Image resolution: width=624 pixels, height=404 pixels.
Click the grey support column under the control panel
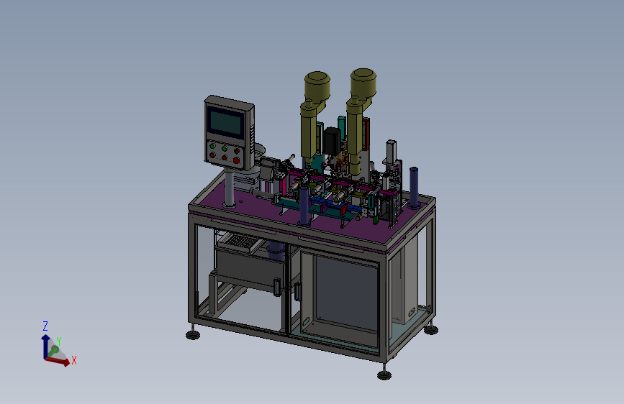229,187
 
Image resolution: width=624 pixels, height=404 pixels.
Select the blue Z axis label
45,326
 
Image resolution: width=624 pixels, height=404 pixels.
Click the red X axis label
74,361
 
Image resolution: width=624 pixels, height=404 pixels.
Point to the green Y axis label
59,341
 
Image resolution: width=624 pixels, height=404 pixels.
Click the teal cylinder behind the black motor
341,125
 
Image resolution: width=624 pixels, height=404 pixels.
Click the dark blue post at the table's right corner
414,188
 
